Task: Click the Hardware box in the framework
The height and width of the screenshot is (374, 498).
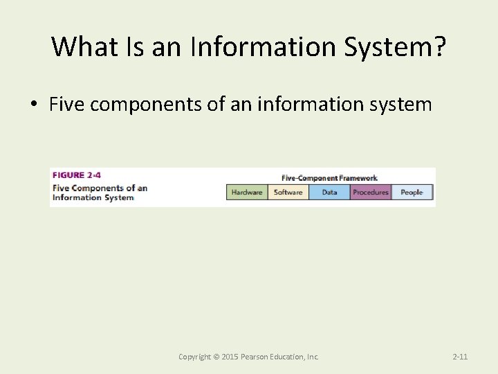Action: coord(247,192)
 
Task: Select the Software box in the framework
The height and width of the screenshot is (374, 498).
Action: coord(288,192)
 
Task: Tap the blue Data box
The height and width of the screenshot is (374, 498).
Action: coord(329,192)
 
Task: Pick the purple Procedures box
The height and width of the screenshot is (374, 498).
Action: coord(370,192)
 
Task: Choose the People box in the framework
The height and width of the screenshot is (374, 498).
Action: coord(412,192)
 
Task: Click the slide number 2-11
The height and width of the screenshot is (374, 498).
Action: coord(460,357)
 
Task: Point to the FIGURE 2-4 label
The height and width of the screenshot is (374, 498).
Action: coord(77,175)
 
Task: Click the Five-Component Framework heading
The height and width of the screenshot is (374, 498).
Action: coord(329,178)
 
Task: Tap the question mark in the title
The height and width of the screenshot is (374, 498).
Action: coord(439,46)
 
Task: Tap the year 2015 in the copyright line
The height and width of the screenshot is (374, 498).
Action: coord(229,357)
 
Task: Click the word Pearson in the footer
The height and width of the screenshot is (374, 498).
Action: coord(255,357)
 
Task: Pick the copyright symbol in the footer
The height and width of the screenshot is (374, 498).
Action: coord(215,357)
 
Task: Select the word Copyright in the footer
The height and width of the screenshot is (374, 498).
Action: coord(194,357)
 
